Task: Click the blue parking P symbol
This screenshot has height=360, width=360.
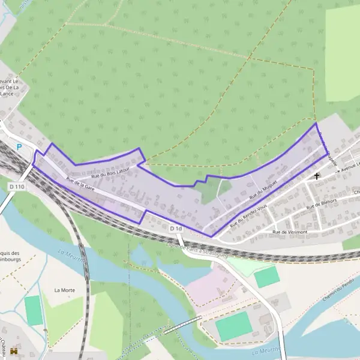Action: [x=19, y=146]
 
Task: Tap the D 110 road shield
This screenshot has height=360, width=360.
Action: [x=17, y=187]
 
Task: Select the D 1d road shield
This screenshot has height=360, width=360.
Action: [x=175, y=229]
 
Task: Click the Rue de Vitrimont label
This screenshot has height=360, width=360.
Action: [x=289, y=232]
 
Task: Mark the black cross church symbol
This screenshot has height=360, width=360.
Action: [x=317, y=176]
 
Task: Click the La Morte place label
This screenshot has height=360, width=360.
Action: [x=64, y=290]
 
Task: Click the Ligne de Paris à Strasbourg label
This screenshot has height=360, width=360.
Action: [x=198, y=247]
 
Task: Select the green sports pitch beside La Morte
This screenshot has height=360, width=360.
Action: [x=34, y=310]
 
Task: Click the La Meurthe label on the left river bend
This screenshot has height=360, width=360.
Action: [x=70, y=257]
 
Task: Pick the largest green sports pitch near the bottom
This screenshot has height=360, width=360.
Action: [x=233, y=326]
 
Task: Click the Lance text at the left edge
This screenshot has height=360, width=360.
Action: [x=7, y=94]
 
